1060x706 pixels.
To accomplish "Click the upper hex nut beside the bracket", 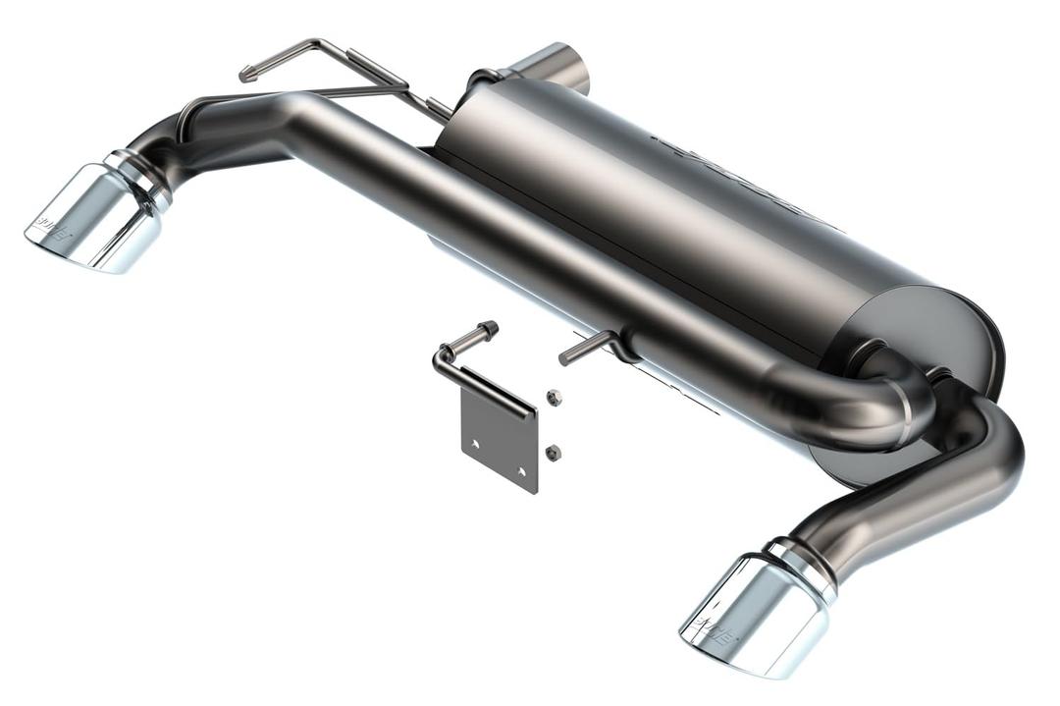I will click(x=554, y=397).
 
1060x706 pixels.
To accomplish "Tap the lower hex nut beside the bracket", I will click(x=553, y=452).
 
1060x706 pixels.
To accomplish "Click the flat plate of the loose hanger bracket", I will click(x=499, y=442).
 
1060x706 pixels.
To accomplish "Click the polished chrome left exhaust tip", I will click(x=93, y=218).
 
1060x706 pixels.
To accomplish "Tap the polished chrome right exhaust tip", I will click(x=751, y=614).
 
